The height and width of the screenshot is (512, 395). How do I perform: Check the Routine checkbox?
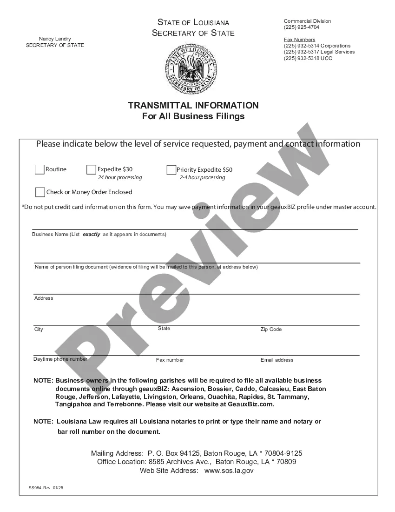[x=39, y=170]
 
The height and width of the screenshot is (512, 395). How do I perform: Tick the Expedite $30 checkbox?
[x=91, y=170]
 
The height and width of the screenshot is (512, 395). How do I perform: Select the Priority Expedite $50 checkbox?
[x=171, y=170]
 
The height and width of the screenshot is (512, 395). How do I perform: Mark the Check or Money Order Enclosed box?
[x=40, y=192]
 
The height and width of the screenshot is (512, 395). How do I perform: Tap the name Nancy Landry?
[x=55, y=39]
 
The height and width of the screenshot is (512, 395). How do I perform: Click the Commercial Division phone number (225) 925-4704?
[x=302, y=27]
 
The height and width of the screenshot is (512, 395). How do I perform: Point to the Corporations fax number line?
[x=317, y=46]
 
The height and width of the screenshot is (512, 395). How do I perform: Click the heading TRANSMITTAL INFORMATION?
[x=193, y=105]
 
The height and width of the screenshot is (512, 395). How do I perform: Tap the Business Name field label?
[x=99, y=235]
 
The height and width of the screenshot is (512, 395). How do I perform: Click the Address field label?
[x=44, y=298]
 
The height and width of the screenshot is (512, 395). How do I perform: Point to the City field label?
[x=39, y=330]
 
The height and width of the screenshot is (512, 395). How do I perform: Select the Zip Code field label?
[x=271, y=329]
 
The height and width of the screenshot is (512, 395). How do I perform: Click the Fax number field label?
[x=170, y=360]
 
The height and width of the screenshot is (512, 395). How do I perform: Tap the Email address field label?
[x=277, y=360]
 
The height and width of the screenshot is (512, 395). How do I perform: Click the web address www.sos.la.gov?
[x=229, y=471]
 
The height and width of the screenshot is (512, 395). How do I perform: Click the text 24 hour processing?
[x=120, y=178]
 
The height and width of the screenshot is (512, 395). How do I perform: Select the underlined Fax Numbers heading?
[x=300, y=40]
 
